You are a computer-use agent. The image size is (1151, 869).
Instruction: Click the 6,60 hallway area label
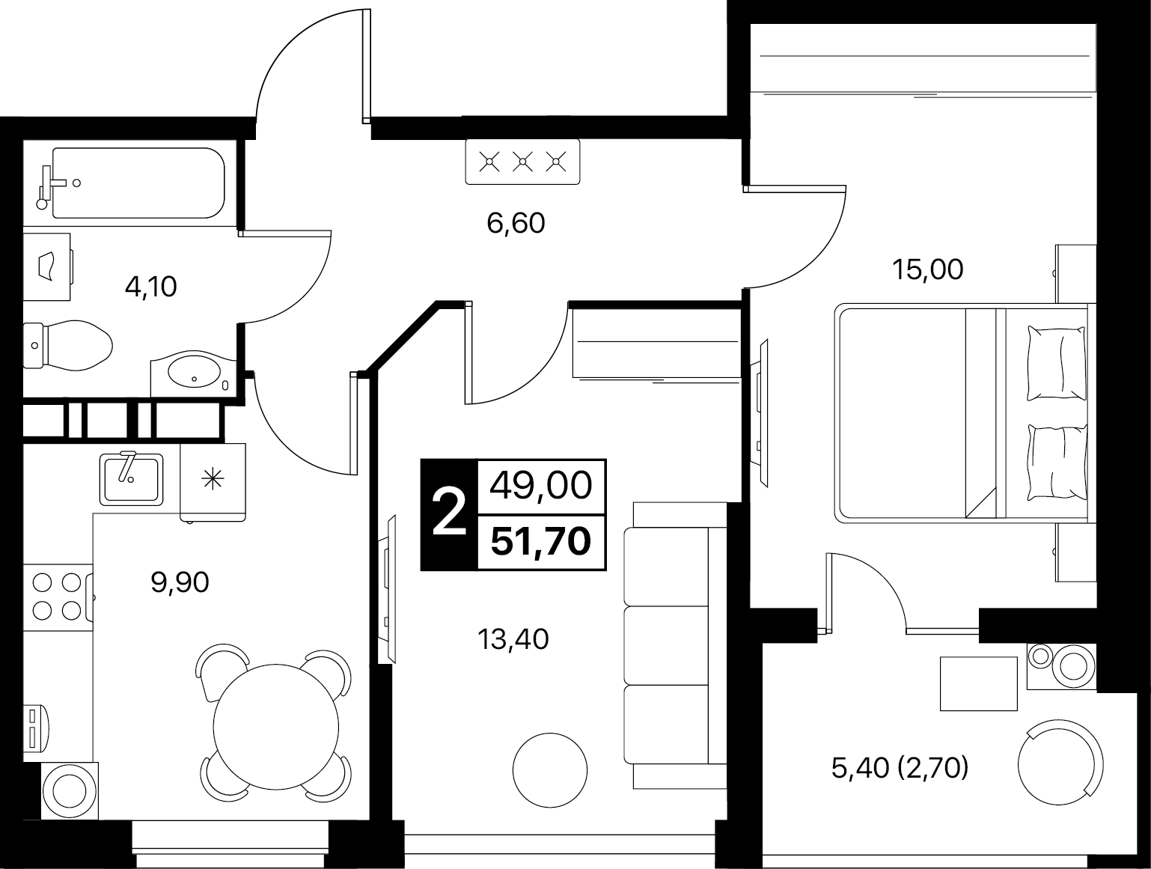pyautogui.click(x=516, y=223)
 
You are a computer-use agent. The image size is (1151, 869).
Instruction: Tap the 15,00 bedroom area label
pyautogui.click(x=928, y=270)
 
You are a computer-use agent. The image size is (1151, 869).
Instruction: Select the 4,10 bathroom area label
pyautogui.click(x=150, y=287)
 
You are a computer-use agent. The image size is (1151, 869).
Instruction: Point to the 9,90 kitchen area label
pyautogui.click(x=180, y=582)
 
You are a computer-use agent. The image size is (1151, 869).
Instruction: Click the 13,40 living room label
pyautogui.click(x=513, y=639)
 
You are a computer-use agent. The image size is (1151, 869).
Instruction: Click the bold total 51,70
pyautogui.click(x=541, y=542)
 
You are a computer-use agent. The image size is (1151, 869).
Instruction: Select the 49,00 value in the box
pyautogui.click(x=541, y=486)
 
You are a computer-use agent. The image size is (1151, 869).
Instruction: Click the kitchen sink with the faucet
pyautogui.click(x=131, y=478)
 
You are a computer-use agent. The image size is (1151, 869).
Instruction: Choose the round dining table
pyautogui.click(x=276, y=727)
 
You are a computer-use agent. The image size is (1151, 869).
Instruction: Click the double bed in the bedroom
pyautogui.click(x=965, y=412)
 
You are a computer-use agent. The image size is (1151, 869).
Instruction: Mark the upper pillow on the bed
pyautogui.click(x=1056, y=364)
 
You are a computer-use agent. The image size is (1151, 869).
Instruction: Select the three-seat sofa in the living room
pyautogui.click(x=675, y=646)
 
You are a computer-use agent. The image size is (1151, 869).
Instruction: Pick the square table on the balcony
pyautogui.click(x=978, y=683)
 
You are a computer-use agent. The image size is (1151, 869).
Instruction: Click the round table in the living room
pyautogui.click(x=550, y=770)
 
